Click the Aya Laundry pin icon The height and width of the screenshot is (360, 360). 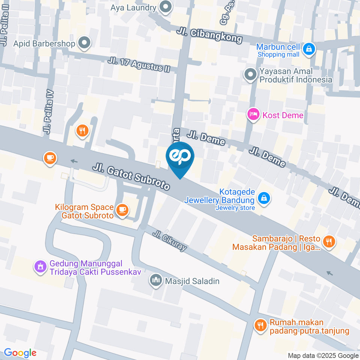(165, 7)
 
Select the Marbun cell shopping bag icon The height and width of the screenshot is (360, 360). (309, 48)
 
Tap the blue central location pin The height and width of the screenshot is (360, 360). (180, 157)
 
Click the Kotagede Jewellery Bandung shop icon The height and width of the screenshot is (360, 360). (264, 198)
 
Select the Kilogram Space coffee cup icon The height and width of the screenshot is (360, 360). (121, 210)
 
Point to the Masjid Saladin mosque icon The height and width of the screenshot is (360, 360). (155, 280)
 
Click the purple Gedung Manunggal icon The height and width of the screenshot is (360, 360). (40, 267)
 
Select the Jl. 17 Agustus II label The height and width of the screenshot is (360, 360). (139, 65)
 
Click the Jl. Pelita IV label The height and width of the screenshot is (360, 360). (48, 112)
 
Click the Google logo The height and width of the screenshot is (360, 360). (20, 353)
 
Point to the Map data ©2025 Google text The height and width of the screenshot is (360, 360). (323, 355)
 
